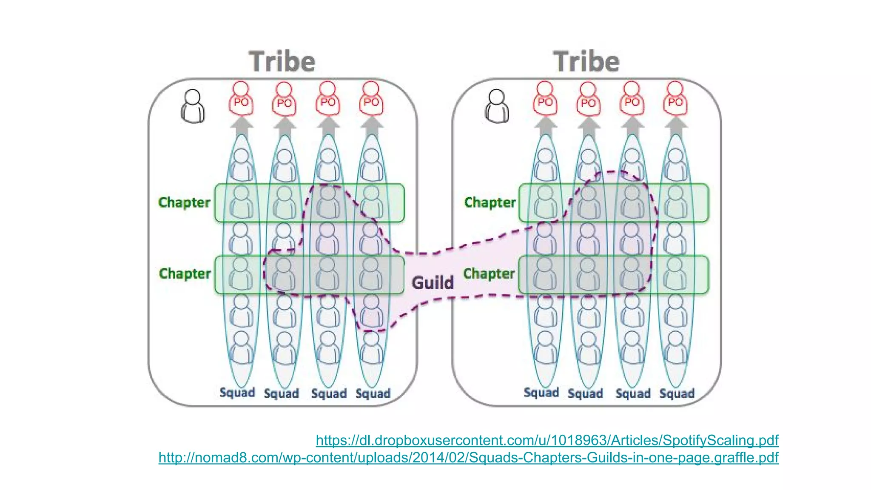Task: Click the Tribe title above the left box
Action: click(x=282, y=62)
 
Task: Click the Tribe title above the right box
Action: click(x=586, y=62)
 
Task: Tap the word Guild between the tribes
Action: click(x=433, y=283)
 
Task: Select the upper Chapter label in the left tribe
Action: click(x=184, y=202)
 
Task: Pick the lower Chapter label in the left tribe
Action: click(x=185, y=273)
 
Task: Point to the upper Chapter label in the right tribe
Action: click(x=490, y=202)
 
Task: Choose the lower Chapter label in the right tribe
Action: click(x=489, y=273)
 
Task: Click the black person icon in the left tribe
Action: click(x=193, y=106)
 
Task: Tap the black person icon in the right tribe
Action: click(x=497, y=106)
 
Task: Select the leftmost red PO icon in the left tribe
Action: click(x=241, y=99)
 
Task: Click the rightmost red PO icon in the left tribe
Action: click(x=371, y=99)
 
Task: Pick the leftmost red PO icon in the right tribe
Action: click(x=545, y=99)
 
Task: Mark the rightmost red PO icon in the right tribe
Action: click(x=675, y=99)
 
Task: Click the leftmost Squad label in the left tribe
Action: click(x=237, y=393)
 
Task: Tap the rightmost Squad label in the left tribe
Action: click(x=373, y=393)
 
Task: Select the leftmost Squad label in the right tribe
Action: click(x=541, y=393)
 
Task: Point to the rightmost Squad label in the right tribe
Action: click(x=677, y=393)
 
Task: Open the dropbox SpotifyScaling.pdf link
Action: click(x=547, y=440)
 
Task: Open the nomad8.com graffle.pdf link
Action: click(x=468, y=458)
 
